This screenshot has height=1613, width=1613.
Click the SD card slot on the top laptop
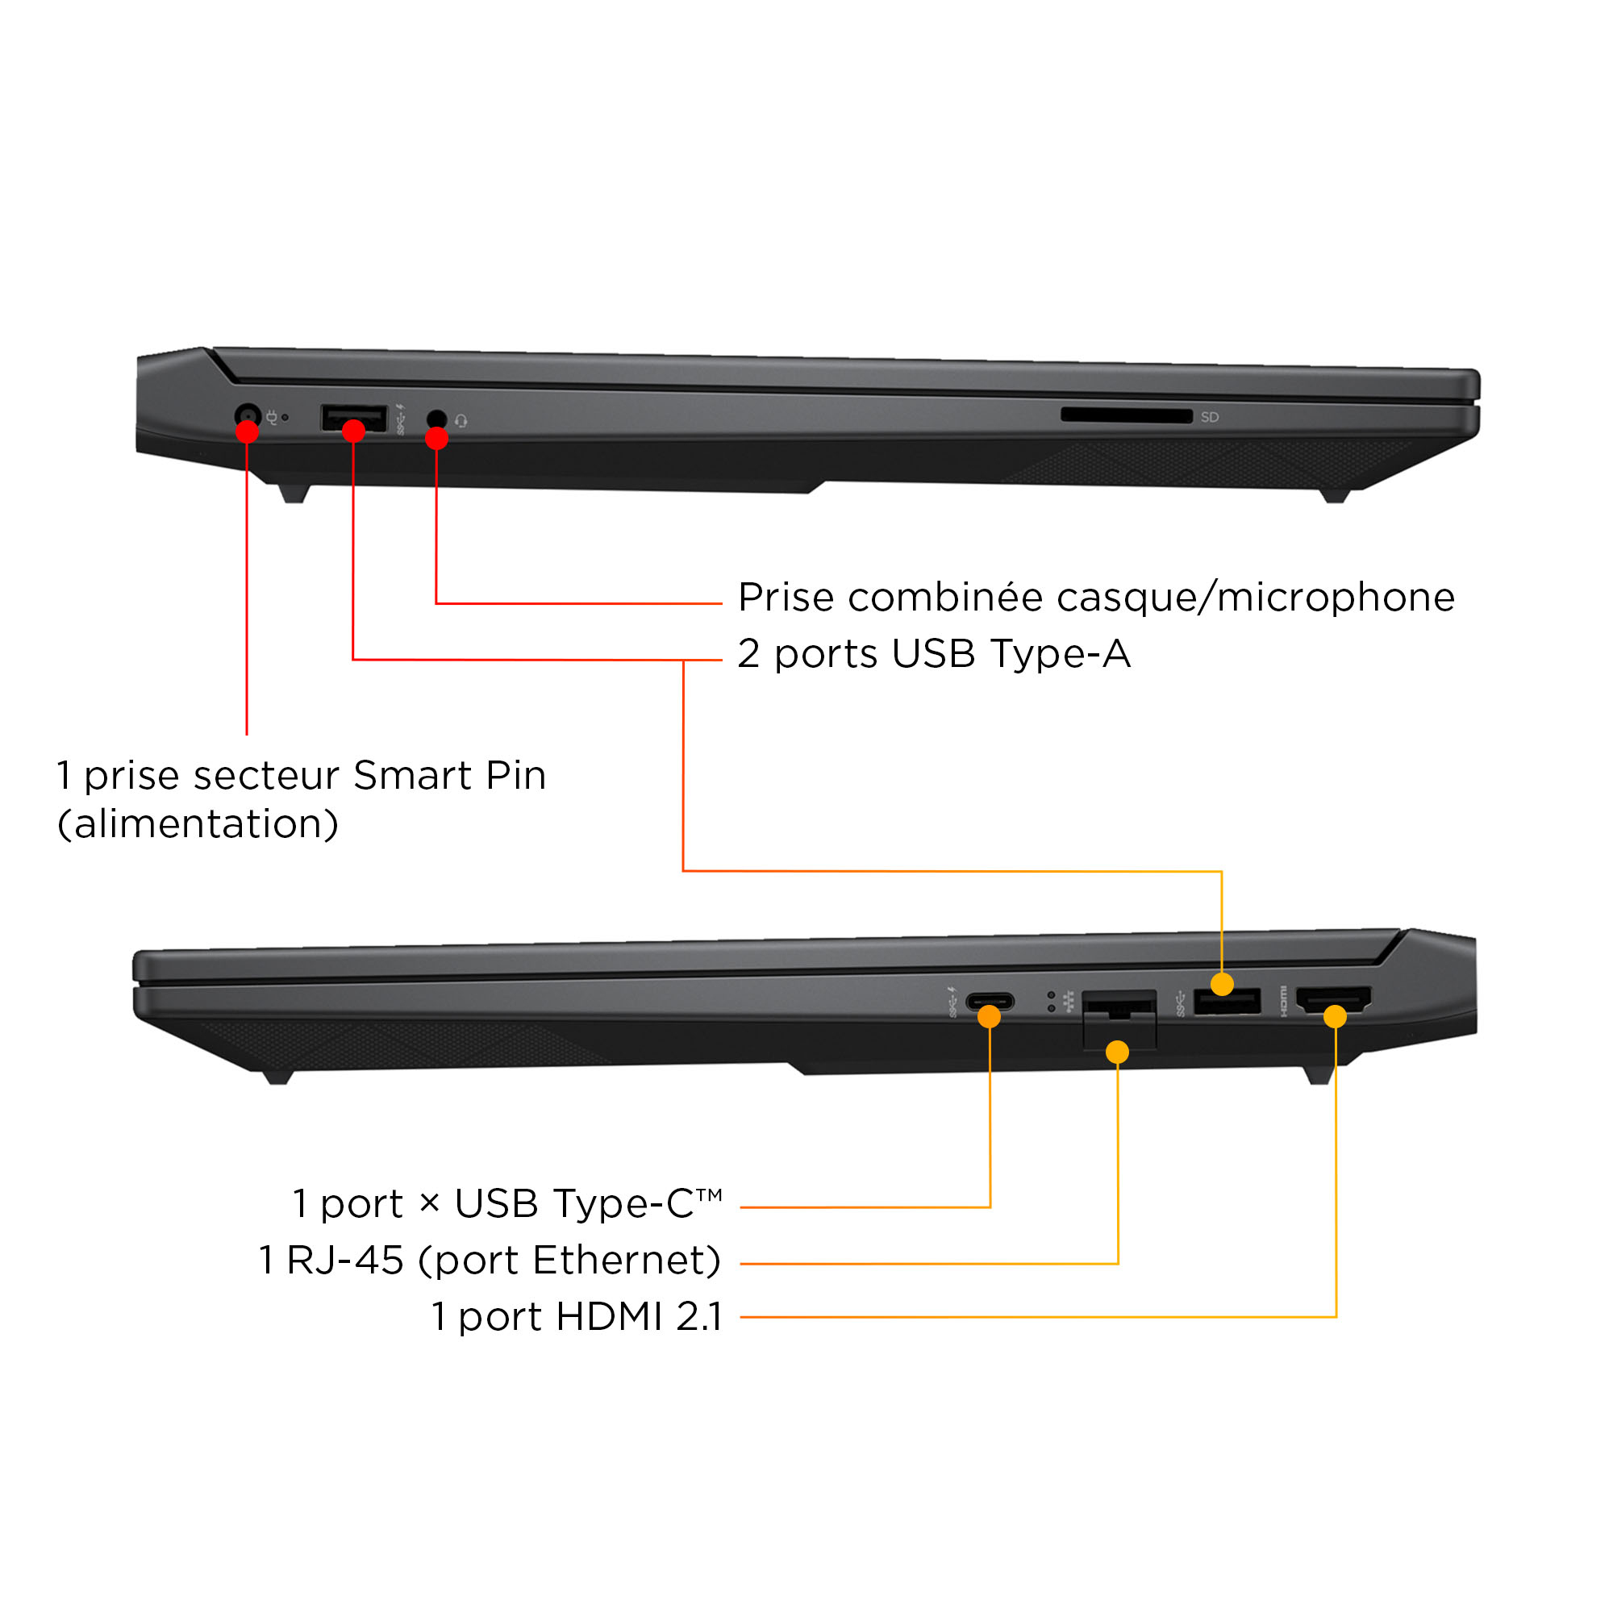pos(1126,416)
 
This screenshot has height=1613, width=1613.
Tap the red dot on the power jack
pos(247,431)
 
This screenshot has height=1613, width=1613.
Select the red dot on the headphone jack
pos(436,438)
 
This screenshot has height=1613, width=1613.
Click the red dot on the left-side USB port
pos(354,431)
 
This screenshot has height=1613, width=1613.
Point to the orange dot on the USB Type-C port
pos(990,1016)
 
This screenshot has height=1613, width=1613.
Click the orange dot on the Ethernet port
pos(1117,1052)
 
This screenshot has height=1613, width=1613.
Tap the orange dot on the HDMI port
pos(1335,1016)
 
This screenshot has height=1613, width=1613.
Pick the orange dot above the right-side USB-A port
pos(1223,984)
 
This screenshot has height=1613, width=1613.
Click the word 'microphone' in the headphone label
pos(1336,598)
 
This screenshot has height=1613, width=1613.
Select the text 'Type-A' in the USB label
pos(1061,655)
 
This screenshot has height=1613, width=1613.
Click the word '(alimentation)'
pos(198,824)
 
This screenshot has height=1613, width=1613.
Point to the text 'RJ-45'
pos(346,1260)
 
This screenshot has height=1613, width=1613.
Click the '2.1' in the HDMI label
pos(698,1317)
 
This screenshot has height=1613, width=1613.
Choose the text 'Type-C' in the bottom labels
pos(623,1204)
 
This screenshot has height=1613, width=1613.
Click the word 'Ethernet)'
pos(626,1261)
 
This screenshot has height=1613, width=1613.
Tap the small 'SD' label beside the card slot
pos(1210,417)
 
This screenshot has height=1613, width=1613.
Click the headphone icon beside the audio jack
pos(461,422)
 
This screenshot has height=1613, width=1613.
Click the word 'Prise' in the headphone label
pos(786,598)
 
